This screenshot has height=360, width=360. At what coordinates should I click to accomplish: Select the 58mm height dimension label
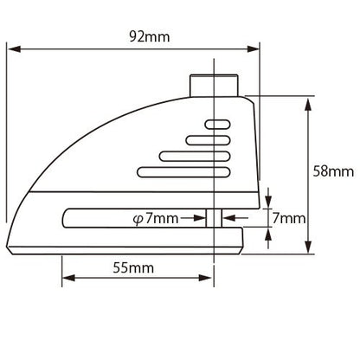coord(333,171)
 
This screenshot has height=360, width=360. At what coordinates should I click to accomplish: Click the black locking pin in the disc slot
coord(211,216)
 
